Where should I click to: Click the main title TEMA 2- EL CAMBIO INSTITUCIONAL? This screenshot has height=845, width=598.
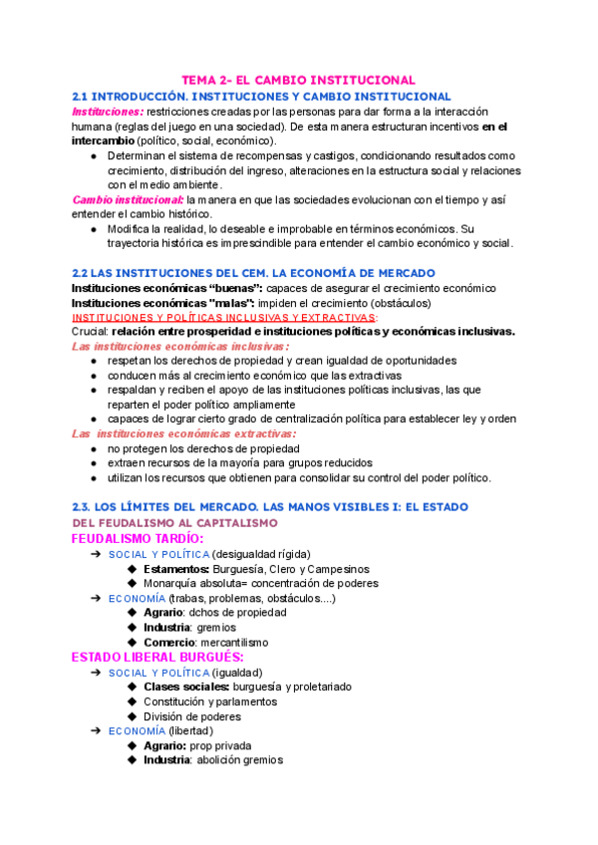click(x=298, y=80)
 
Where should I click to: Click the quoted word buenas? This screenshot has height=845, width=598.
click(x=208, y=288)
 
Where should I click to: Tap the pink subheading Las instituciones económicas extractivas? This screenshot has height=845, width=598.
click(x=183, y=433)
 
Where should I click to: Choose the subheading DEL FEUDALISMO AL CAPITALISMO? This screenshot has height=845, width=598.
click(x=174, y=522)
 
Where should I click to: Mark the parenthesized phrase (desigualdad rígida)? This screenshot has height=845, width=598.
click(x=261, y=554)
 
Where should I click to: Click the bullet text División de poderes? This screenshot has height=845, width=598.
click(x=191, y=716)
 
